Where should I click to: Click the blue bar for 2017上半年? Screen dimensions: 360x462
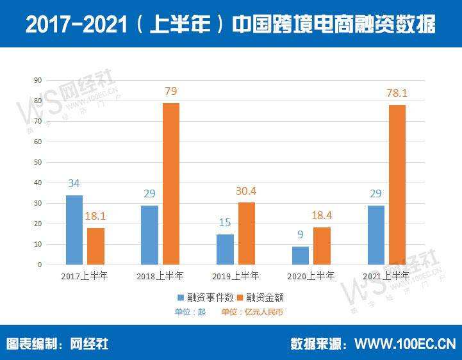(x=74, y=230)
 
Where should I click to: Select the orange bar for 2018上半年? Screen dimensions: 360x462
(x=170, y=184)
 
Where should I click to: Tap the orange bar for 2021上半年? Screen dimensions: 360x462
(x=397, y=184)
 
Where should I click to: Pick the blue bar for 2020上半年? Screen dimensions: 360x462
(x=301, y=256)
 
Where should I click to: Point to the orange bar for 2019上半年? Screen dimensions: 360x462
(x=246, y=233)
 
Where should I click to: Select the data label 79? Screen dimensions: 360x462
(x=170, y=92)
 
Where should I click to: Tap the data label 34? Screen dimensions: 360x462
(x=74, y=184)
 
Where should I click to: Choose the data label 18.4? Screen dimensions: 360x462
(x=322, y=217)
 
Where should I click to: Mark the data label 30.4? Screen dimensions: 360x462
(x=246, y=191)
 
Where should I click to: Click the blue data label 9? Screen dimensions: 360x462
(x=301, y=235)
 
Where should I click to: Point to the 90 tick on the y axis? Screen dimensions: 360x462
(x=38, y=80)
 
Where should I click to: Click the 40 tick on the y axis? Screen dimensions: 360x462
(x=38, y=183)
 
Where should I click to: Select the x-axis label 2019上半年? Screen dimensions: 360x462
(x=236, y=276)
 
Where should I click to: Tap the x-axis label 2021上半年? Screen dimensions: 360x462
(x=386, y=276)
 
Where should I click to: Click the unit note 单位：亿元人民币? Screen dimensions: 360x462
(x=252, y=312)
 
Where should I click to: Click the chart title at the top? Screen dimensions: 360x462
(x=231, y=24)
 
